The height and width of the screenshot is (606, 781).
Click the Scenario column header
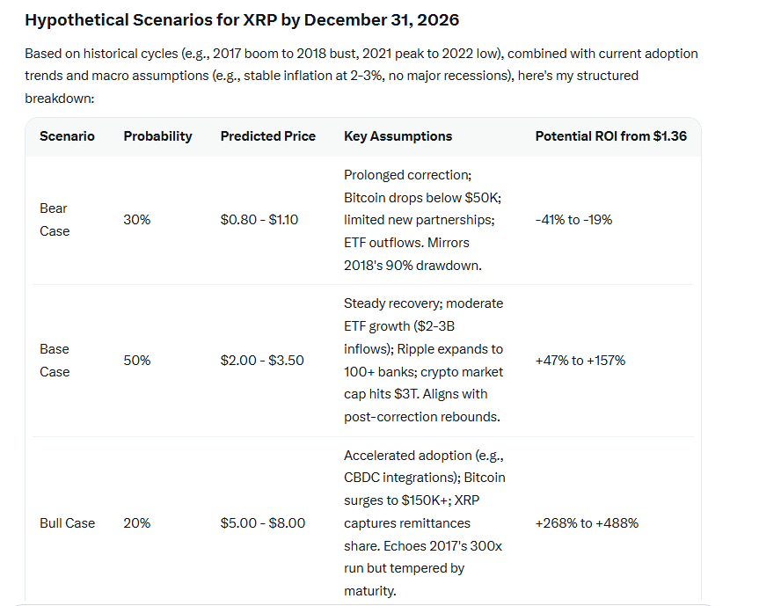(67, 136)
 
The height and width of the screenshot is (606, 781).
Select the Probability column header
(157, 136)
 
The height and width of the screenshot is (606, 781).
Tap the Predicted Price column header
(267, 136)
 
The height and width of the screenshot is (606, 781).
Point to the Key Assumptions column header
(398, 136)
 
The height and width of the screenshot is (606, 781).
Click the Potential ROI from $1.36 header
(611, 136)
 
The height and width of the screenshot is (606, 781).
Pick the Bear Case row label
(54, 220)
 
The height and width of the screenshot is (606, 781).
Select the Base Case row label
(54, 361)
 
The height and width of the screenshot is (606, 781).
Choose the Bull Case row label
(67, 523)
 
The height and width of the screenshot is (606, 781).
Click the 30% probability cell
(136, 220)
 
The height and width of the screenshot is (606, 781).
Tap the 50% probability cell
(136, 361)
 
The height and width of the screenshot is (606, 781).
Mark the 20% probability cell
(136, 523)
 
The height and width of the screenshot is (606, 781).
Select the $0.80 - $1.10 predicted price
(259, 220)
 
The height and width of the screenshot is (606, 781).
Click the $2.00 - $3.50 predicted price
(262, 361)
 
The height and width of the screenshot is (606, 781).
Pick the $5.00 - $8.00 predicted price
(263, 523)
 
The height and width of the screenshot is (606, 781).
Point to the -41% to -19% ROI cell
(573, 220)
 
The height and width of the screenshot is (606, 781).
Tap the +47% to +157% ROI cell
(580, 361)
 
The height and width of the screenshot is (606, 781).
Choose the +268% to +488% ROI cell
(587, 523)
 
